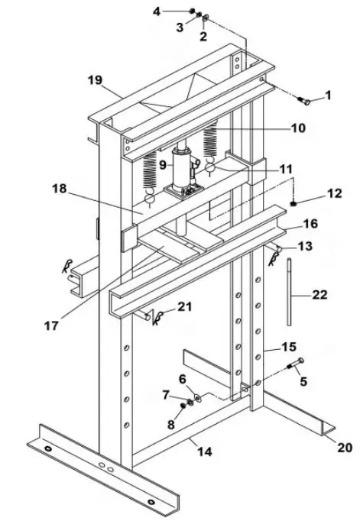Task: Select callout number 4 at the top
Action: [x=156, y=11]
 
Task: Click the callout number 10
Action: [x=297, y=128]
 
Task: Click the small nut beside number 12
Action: [x=294, y=203]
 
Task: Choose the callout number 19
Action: [x=96, y=79]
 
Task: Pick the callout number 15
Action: [x=288, y=346]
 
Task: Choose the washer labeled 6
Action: [x=198, y=396]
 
